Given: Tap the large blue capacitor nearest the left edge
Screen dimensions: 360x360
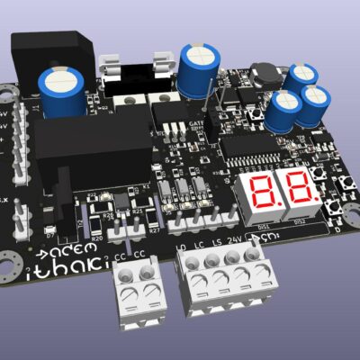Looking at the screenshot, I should (x=61, y=92).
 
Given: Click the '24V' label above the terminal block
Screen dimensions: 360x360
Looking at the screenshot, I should (x=236, y=240).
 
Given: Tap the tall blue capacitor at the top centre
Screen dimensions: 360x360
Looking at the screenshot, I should (x=197, y=70).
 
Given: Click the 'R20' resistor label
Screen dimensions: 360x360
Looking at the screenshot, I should (x=110, y=215).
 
